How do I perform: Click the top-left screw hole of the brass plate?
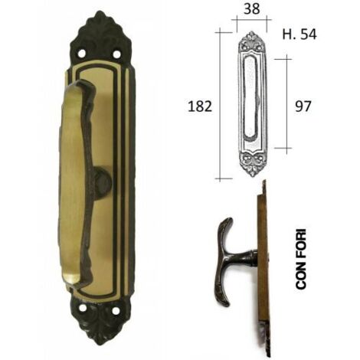pos(82,54)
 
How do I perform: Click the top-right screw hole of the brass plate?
pos(116,54)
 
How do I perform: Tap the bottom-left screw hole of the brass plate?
pos(83,308)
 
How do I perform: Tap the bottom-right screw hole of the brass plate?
pos(116,311)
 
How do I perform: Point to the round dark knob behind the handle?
pos(102,180)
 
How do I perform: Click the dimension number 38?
pos(252,9)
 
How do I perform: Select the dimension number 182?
pos(200,106)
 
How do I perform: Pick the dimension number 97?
pos(303,106)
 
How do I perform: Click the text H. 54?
pos(299,34)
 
